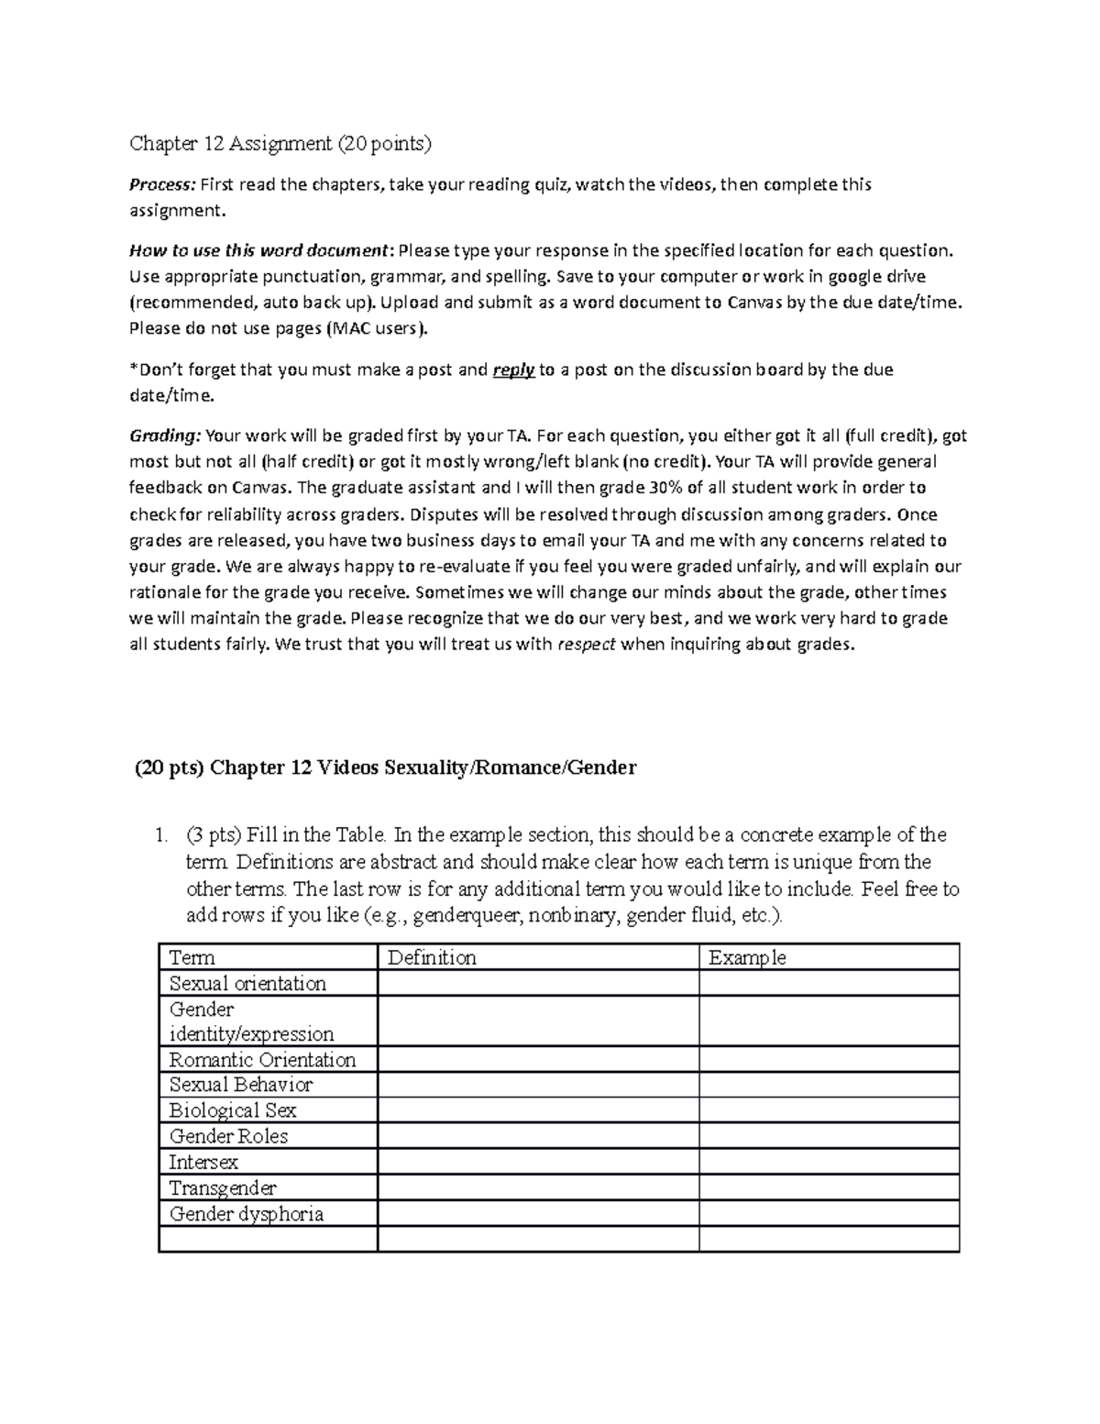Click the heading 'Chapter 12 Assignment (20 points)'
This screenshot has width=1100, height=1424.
pyautogui.click(x=280, y=143)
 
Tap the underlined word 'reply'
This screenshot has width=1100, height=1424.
pyautogui.click(x=513, y=370)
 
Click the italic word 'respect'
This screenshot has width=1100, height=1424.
pyautogui.click(x=587, y=644)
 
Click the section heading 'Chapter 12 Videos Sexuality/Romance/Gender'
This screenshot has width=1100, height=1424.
pyautogui.click(x=423, y=767)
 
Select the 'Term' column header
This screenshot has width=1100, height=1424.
pyautogui.click(x=192, y=957)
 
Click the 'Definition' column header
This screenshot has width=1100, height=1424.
pyautogui.click(x=432, y=957)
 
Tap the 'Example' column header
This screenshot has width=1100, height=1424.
pyautogui.click(x=747, y=957)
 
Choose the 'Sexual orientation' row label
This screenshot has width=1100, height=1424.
pyautogui.click(x=247, y=983)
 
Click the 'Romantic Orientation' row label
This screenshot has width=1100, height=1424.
pyautogui.click(x=262, y=1059)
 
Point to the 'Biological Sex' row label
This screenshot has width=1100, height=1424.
pyautogui.click(x=233, y=1110)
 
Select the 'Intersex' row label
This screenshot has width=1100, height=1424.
pyautogui.click(x=203, y=1162)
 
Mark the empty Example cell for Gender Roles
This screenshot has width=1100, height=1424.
pyautogui.click(x=829, y=1136)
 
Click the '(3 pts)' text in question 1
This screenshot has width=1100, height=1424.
pyautogui.click(x=213, y=834)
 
